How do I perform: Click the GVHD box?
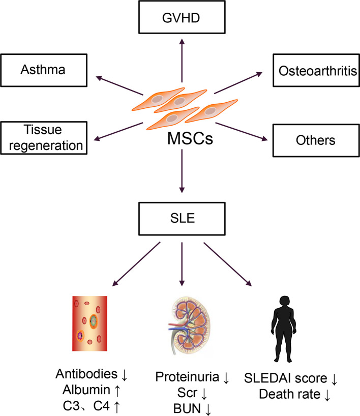[182, 17]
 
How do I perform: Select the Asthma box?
[44, 70]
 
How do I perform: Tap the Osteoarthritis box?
[316, 70]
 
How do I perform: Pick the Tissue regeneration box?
[44, 138]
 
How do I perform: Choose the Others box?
[316, 140]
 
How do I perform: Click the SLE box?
[182, 219]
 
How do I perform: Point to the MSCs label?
[190, 138]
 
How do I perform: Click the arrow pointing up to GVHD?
[182, 61]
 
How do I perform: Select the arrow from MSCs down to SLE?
[182, 171]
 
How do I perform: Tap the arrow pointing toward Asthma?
[119, 86]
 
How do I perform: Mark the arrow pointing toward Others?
[242, 131]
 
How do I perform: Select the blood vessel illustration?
[89, 323]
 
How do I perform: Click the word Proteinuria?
[187, 377]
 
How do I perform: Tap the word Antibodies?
[86, 374]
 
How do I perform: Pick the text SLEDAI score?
[286, 378]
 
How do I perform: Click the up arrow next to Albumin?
[117, 390]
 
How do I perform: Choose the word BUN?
[187, 408]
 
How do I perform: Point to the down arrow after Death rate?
[327, 395]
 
